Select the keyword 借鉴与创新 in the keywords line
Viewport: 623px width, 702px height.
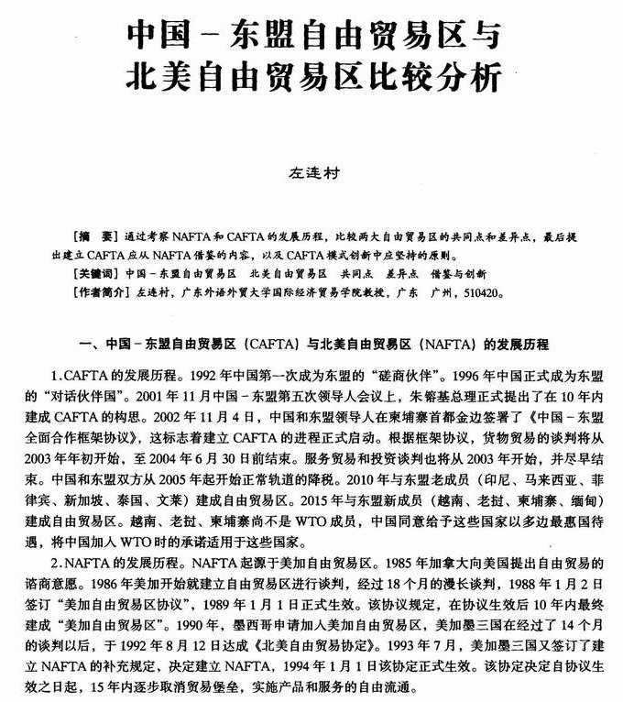point(455,274)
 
